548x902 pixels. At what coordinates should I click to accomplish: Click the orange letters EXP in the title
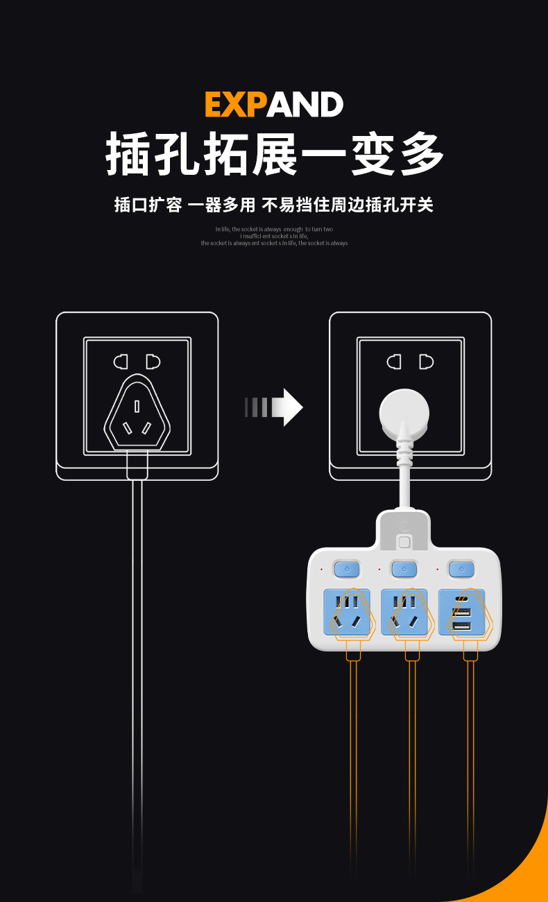[236, 105]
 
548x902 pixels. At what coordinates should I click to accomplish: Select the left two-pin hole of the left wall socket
[121, 361]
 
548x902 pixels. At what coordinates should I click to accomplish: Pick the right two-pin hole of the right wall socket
[426, 361]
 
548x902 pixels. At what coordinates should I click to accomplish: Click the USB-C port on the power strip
[461, 599]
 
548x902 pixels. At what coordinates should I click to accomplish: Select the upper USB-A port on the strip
[461, 612]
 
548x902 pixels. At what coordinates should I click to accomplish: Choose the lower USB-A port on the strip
[461, 627]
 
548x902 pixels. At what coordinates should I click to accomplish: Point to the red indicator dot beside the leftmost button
[321, 570]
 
